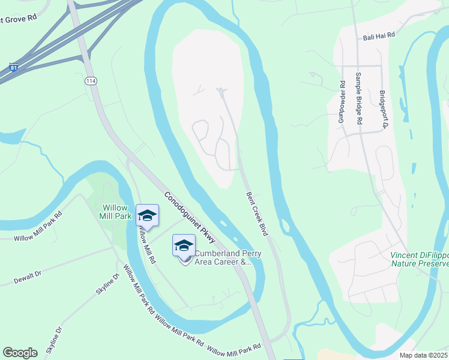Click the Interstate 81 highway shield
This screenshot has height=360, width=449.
pos(13,67)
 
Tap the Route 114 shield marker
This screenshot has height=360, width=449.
pos(91,80)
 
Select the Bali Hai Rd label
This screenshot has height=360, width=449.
pos(379,37)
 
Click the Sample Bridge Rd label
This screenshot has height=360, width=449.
pos(359,98)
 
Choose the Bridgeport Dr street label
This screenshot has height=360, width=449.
pos(382,110)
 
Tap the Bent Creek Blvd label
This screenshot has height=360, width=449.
pos(257,213)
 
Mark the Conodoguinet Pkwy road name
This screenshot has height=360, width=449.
pos(190,217)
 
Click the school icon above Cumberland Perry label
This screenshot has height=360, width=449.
pos(184,245)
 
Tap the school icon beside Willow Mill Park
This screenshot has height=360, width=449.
pos(147,215)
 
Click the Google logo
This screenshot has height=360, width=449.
pos(20,352)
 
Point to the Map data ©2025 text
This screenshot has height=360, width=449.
pos(424,355)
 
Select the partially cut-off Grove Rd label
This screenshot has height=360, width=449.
pos(18,19)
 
